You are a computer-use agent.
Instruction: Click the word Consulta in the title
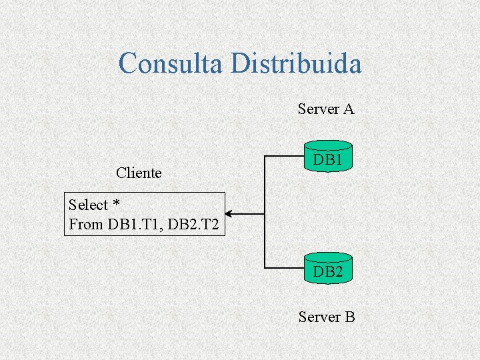(x=171, y=64)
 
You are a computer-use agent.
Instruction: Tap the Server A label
(x=325, y=109)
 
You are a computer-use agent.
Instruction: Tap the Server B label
(x=327, y=317)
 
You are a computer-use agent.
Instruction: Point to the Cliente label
(x=139, y=173)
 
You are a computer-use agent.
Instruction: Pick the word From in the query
(x=85, y=225)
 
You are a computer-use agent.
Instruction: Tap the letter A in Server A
(x=348, y=109)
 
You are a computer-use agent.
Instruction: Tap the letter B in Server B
(x=349, y=317)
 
